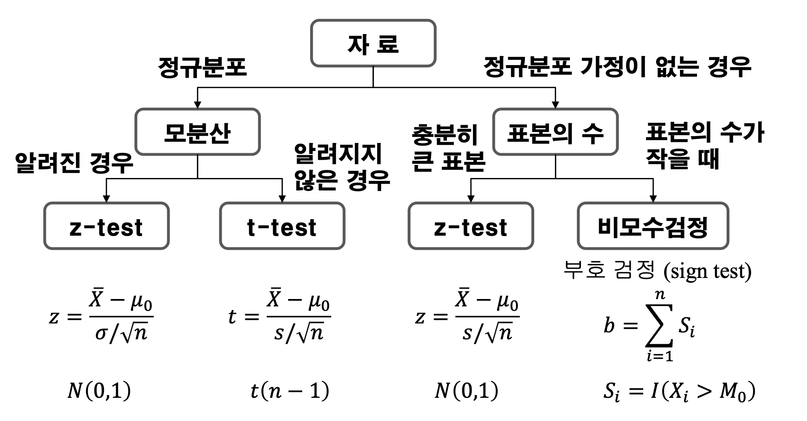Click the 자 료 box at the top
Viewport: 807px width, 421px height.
(x=373, y=43)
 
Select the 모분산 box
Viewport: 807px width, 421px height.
(x=197, y=132)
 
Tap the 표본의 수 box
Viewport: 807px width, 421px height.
(x=555, y=132)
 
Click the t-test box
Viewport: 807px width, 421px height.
(x=282, y=226)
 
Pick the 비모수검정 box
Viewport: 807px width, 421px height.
(x=653, y=226)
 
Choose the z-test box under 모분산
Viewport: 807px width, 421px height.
(x=106, y=226)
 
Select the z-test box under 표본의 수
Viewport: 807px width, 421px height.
(x=470, y=226)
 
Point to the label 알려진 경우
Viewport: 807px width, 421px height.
(x=74, y=163)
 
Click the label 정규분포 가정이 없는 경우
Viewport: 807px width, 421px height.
(x=617, y=67)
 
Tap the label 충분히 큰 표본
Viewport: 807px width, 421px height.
(x=448, y=148)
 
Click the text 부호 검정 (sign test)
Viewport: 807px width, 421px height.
(x=657, y=270)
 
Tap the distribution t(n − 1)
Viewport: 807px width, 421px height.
(x=289, y=391)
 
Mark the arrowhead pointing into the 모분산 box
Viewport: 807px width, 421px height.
(x=197, y=104)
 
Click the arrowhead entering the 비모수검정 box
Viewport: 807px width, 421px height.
(x=653, y=199)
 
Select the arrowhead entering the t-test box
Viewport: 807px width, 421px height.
(x=282, y=199)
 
